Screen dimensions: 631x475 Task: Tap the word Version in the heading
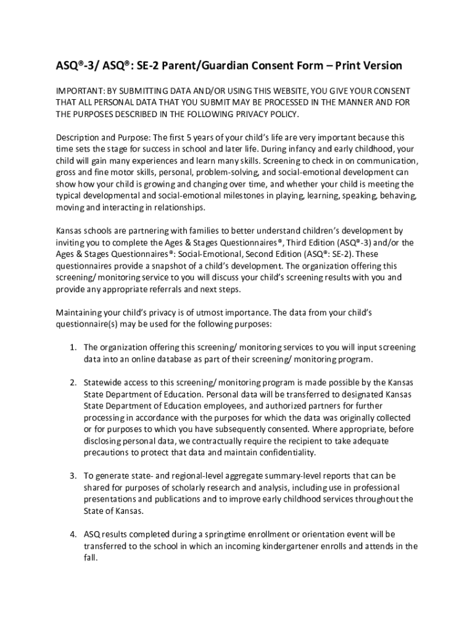pos(382,65)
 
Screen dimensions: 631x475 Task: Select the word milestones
pos(239,195)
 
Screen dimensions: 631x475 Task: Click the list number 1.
pos(72,348)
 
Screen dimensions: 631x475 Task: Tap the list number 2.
pos(72,383)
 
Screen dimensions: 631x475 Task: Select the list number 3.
pos(72,476)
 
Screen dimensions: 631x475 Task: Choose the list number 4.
pos(72,534)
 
